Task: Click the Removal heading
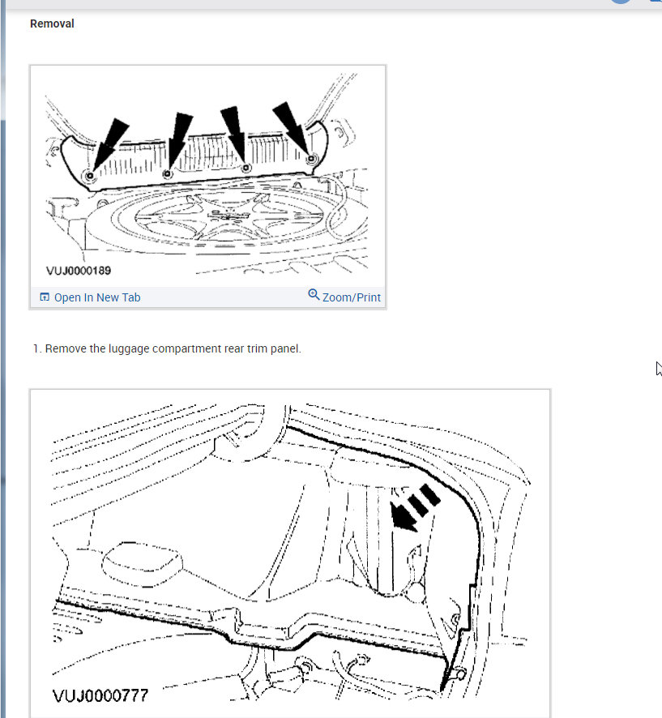point(52,24)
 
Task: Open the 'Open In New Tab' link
point(97,297)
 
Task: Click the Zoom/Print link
point(352,297)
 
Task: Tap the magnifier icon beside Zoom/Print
point(314,294)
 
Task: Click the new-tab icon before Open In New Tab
point(45,297)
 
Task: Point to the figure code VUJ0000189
point(79,271)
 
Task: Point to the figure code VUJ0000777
point(100,696)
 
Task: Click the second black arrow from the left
point(179,141)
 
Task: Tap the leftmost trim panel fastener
point(90,175)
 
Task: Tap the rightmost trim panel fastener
point(312,159)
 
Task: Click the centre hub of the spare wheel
point(228,214)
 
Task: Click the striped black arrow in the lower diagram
point(414,508)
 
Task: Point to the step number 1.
point(36,349)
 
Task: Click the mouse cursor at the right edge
point(658,368)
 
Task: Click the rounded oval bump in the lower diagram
point(142,564)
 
